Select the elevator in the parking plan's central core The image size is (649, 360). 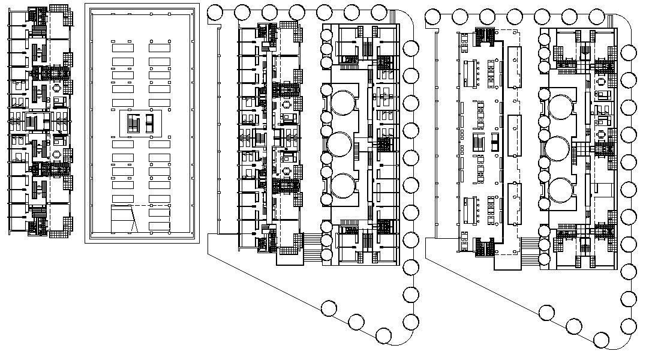[x=149, y=125]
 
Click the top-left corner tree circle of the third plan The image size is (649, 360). [x=215, y=12]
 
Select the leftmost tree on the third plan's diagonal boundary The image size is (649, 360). [x=329, y=309]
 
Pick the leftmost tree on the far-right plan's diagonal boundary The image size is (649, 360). [x=546, y=313]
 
